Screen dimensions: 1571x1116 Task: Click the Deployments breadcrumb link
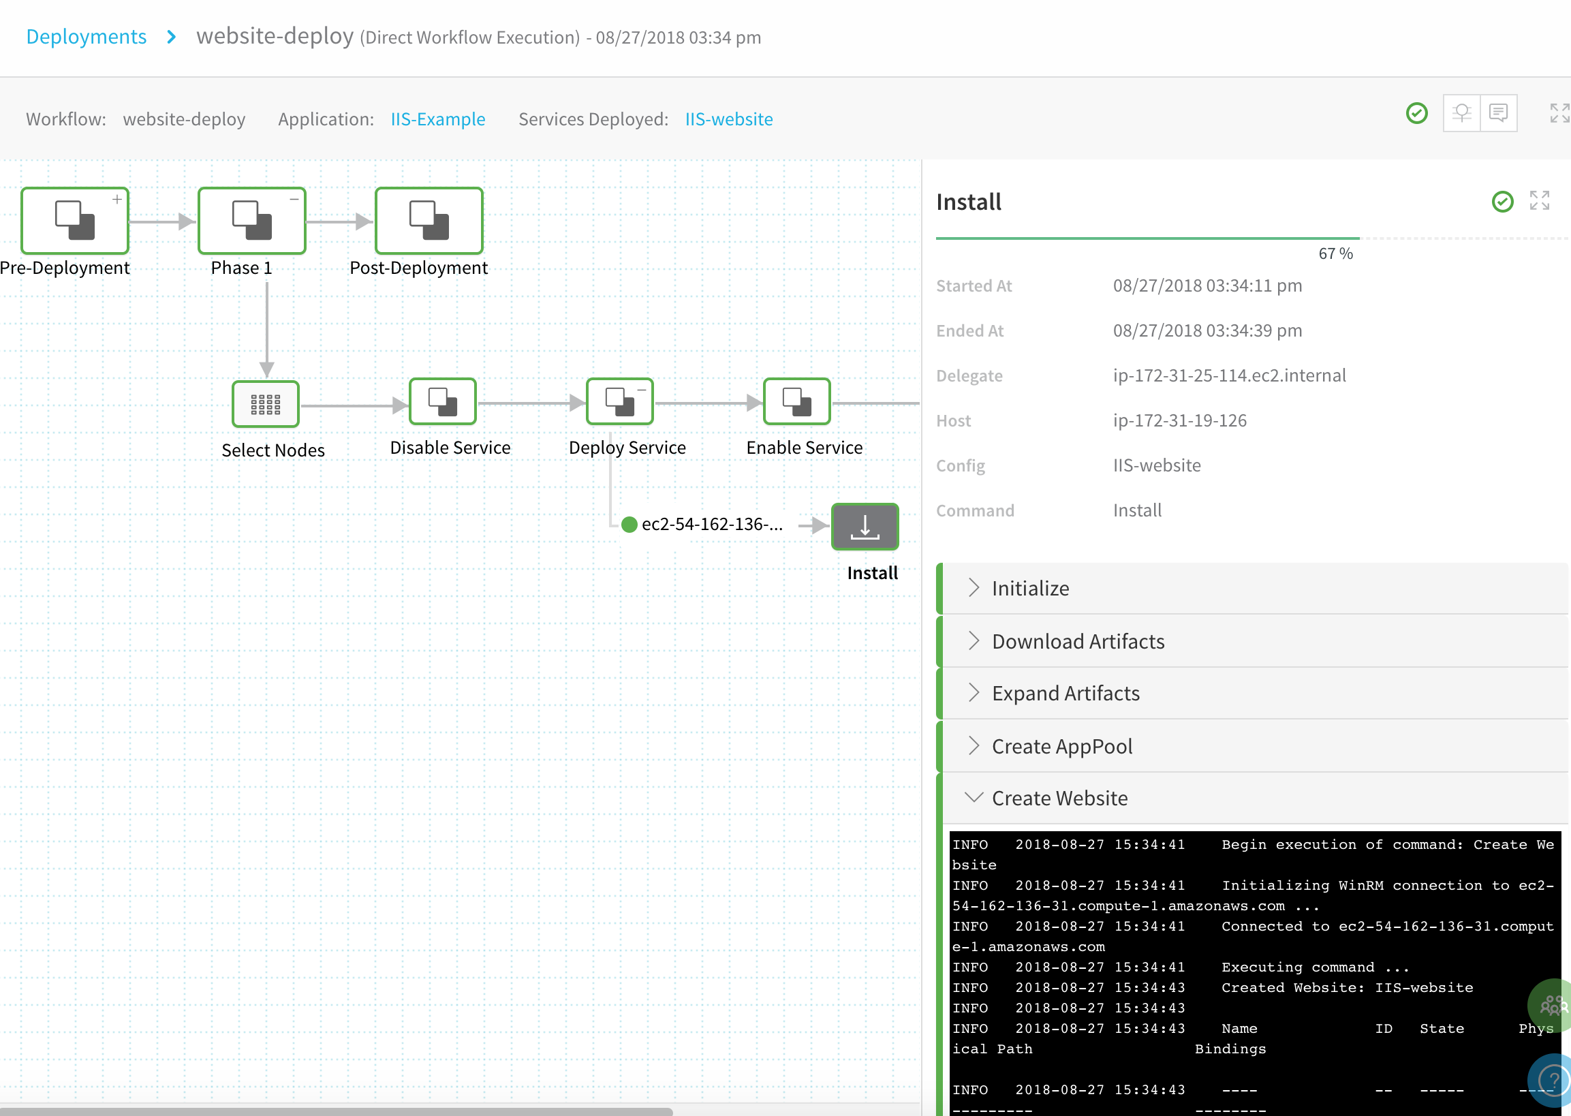pyautogui.click(x=87, y=36)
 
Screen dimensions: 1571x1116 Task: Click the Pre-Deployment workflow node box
pyautogui.click(x=75, y=221)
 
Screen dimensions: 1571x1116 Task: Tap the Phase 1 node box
pyautogui.click(x=251, y=221)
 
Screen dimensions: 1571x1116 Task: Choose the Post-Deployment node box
pyautogui.click(x=429, y=221)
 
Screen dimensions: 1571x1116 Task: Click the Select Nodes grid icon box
pyautogui.click(x=265, y=404)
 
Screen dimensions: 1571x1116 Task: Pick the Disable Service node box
pyautogui.click(x=443, y=401)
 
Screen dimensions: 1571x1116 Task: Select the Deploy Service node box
pyautogui.click(x=619, y=401)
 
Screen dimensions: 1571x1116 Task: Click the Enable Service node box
pyautogui.click(x=796, y=401)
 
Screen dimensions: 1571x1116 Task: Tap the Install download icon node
pyautogui.click(x=865, y=527)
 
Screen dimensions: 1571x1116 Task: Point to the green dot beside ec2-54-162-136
pyautogui.click(x=629, y=525)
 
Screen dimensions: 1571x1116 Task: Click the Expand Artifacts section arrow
pyautogui.click(x=973, y=693)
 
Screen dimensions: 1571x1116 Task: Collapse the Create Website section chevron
pyautogui.click(x=973, y=797)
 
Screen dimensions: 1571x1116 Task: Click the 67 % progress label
pyautogui.click(x=1335, y=253)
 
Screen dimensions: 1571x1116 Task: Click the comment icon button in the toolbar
pyautogui.click(x=1498, y=112)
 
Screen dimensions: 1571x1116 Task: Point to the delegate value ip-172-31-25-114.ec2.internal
pyautogui.click(x=1230, y=375)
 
